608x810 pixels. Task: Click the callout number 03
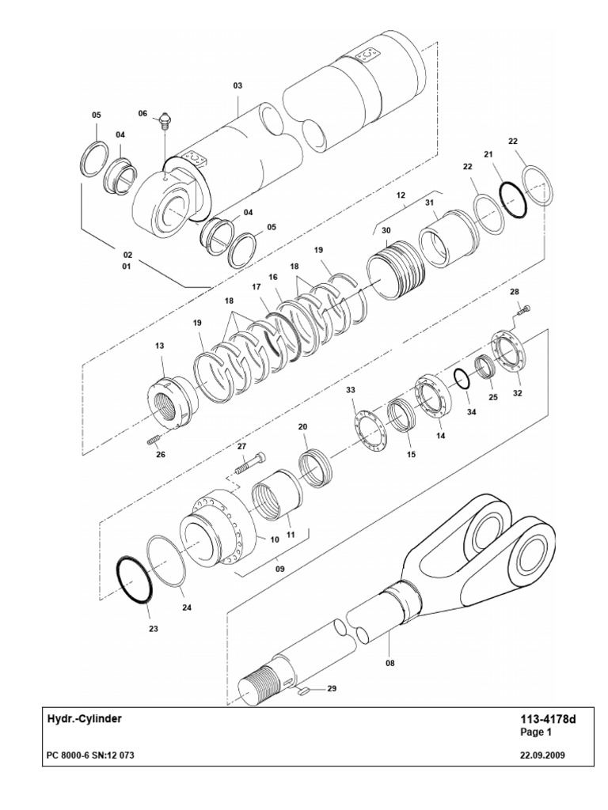coord(237,85)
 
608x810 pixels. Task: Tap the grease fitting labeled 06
coord(165,121)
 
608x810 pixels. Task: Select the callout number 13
coord(159,346)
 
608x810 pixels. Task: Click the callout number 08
coord(389,664)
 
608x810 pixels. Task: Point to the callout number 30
coord(386,230)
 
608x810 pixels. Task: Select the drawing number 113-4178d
coord(545,719)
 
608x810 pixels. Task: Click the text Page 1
coord(535,732)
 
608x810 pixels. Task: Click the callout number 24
coord(186,608)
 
